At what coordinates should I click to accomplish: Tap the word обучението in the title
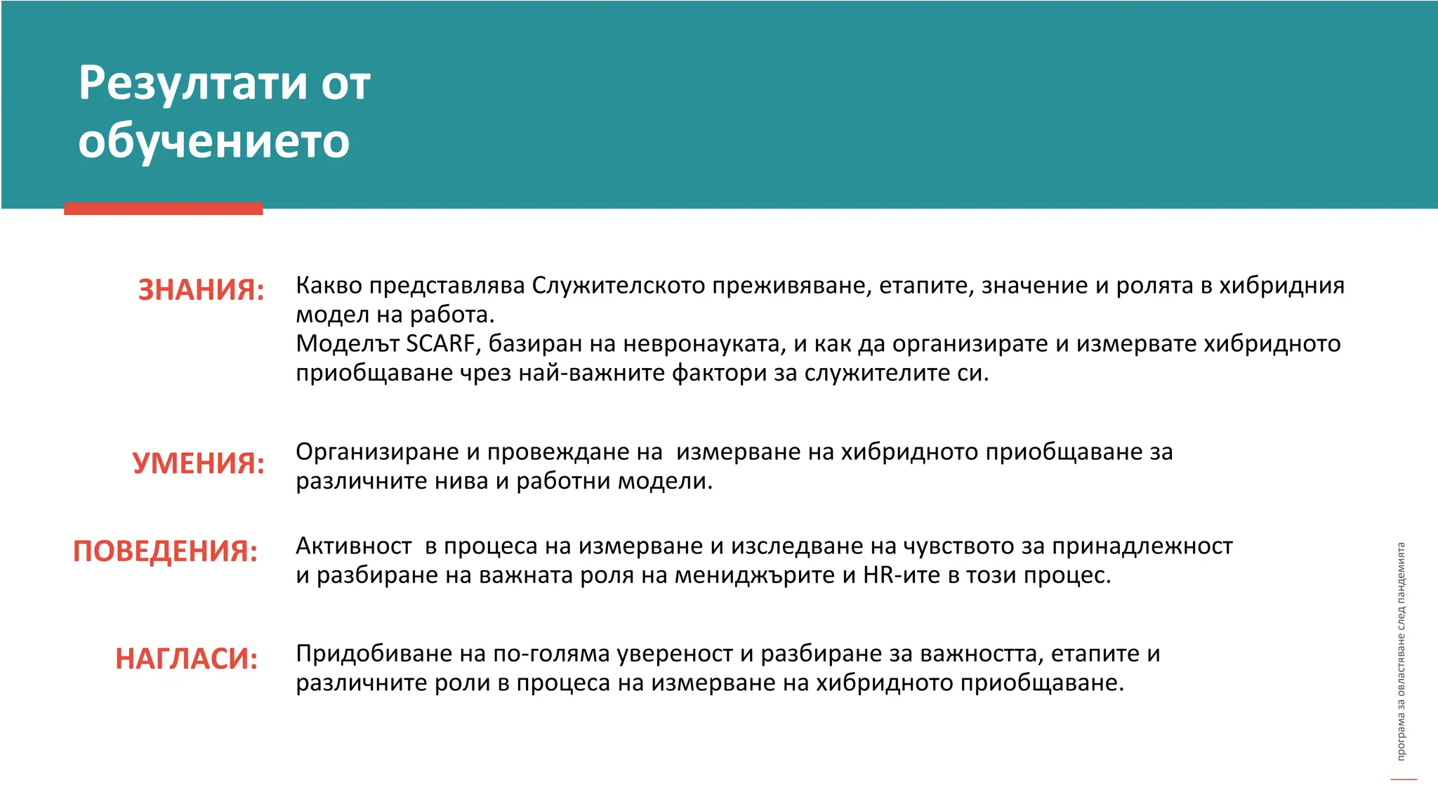tap(213, 141)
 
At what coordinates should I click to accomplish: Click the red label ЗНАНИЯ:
tap(201, 290)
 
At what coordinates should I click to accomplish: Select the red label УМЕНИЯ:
tap(198, 463)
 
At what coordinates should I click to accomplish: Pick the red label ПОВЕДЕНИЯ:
tap(165, 551)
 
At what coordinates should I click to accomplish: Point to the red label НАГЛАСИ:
tap(186, 659)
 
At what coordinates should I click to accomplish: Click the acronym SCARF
tap(440, 344)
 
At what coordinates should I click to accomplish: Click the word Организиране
tap(377, 452)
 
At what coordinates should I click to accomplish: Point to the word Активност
tap(353, 546)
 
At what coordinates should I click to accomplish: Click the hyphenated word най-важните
tap(591, 373)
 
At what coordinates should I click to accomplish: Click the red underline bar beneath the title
tap(163, 209)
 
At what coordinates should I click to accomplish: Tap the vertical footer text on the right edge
tap(1400, 651)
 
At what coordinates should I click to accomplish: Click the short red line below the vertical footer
tap(1404, 780)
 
